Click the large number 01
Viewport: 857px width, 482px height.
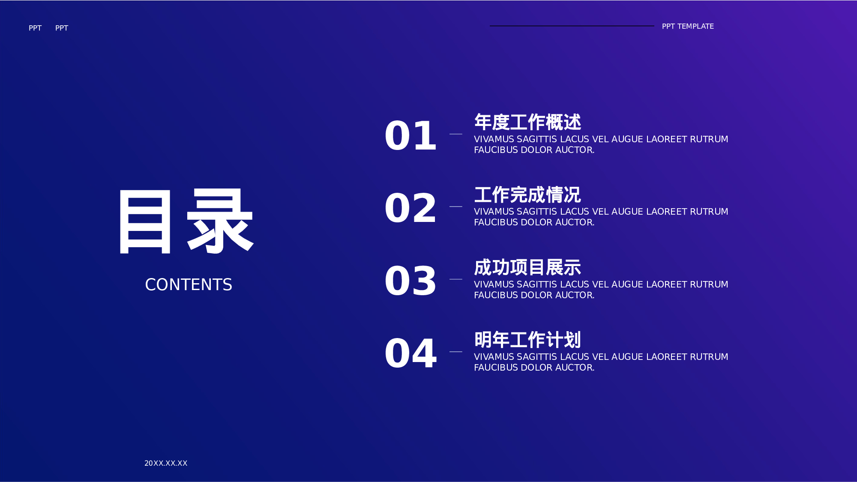(411, 136)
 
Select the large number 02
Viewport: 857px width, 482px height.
(411, 208)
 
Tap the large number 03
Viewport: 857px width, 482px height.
(411, 281)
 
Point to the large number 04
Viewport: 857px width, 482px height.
(411, 353)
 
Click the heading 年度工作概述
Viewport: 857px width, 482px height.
(527, 123)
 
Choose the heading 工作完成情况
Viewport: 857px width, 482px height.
(527, 195)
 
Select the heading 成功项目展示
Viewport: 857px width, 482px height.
(527, 268)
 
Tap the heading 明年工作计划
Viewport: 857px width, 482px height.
(527, 340)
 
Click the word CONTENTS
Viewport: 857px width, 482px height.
(189, 285)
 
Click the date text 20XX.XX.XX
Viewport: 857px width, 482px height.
(166, 463)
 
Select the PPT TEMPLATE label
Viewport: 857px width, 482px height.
(688, 27)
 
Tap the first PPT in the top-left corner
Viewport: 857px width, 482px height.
(35, 28)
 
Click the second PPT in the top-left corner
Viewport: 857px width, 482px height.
(62, 28)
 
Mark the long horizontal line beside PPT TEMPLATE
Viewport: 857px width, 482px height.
(572, 26)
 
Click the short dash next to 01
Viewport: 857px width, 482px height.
(455, 134)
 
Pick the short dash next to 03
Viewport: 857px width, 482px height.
(455, 279)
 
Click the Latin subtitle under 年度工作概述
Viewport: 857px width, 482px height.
(601, 145)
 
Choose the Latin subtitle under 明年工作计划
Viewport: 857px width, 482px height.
(601, 362)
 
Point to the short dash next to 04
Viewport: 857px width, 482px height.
(455, 352)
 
